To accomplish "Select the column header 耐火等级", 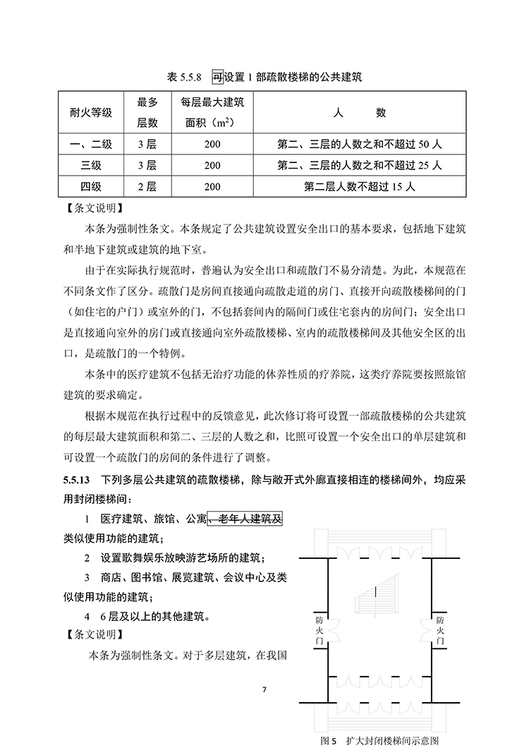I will pos(90,111).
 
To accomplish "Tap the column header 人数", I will pos(360,111).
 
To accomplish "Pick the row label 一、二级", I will pos(90,145).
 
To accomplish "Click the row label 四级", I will pos(90,186).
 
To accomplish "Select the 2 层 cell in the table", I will pos(147,186).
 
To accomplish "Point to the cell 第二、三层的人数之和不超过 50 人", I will pos(360,145).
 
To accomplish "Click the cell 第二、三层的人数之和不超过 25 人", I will pos(360,166).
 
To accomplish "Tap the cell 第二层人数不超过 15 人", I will pos(360,186).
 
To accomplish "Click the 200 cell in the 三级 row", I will pos(212,166).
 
